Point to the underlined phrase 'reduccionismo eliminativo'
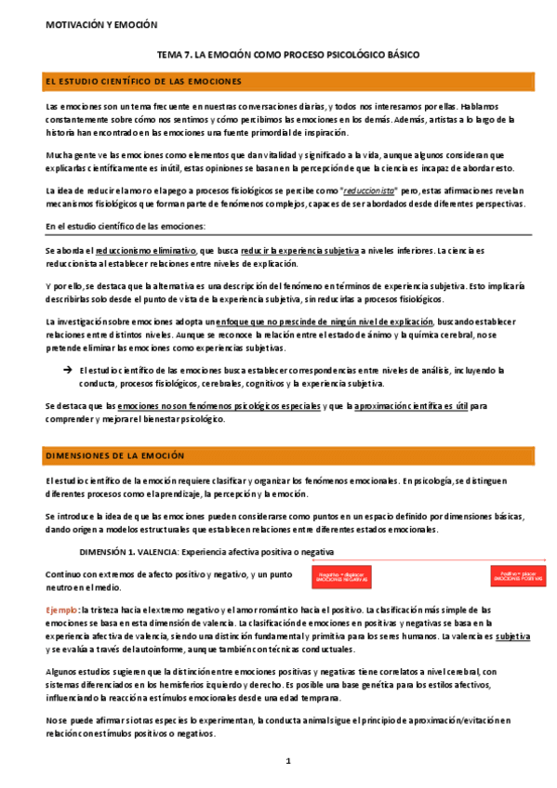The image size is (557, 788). [x=159, y=251]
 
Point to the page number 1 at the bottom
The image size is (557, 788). [x=288, y=761]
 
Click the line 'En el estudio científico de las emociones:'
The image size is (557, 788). [x=126, y=227]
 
